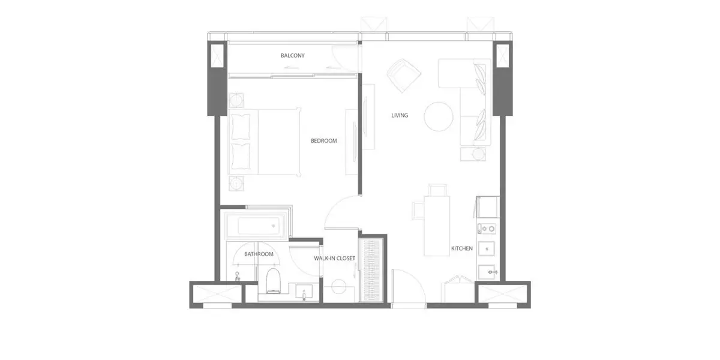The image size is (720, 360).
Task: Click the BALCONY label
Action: coord(293,56)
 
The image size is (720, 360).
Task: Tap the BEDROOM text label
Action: coord(323,141)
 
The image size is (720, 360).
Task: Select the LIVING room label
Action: coord(400,115)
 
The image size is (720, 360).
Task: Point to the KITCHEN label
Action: coord(462,248)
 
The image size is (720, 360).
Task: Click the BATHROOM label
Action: coord(259,254)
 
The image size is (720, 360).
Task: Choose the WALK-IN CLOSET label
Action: coord(335,259)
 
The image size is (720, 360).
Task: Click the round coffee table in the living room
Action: coord(439,116)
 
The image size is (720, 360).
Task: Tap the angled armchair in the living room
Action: coord(403,76)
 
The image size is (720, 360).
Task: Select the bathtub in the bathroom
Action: coord(256,226)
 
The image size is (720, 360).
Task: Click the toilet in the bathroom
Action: coord(274,281)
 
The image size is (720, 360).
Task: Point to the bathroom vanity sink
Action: coord(304,292)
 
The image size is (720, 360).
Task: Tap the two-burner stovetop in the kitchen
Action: coord(487,229)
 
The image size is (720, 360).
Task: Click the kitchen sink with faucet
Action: coord(487,272)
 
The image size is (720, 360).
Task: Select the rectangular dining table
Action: coord(437,226)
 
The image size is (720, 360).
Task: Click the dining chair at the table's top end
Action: coord(437,190)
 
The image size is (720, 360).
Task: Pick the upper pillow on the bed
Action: coord(241,127)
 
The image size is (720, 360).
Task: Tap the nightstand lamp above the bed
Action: coord(236,101)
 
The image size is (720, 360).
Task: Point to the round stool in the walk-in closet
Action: coord(339,287)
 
